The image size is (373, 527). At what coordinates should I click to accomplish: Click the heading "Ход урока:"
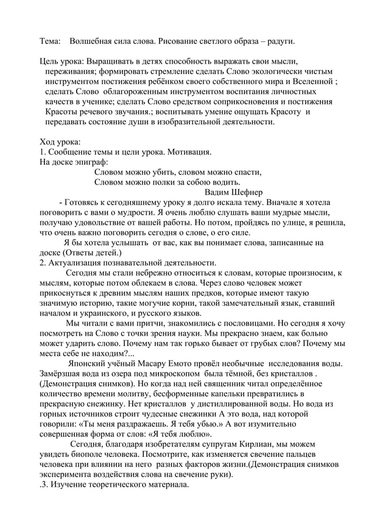point(60,142)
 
